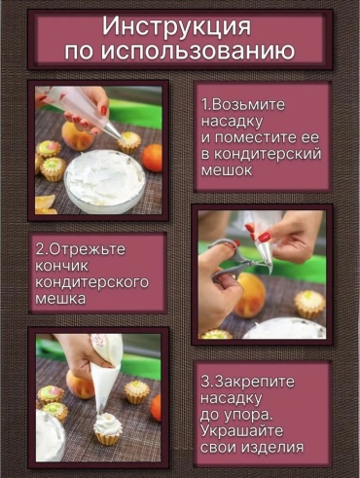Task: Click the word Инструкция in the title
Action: pos(177,26)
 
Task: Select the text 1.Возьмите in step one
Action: pos(243,104)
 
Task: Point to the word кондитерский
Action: pos(261,155)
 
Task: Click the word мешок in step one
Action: pos(227,170)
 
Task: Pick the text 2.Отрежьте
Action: pos(80,249)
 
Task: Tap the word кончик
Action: pos(61,266)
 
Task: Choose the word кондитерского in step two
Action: pos(91,282)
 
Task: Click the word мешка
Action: pos(60,299)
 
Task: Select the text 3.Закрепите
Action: pos(247,382)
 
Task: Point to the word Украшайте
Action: pos(241,431)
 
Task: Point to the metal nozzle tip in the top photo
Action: pos(114,132)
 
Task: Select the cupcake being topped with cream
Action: pos(108,429)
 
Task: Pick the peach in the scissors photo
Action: pos(250,295)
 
